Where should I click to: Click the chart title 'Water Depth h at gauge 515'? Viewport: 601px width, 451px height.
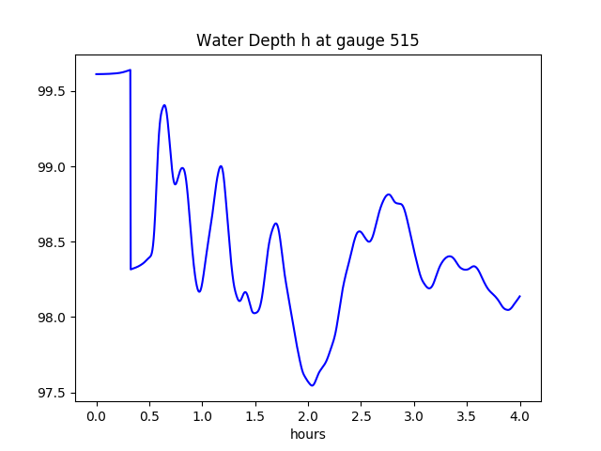pyautogui.click(x=307, y=41)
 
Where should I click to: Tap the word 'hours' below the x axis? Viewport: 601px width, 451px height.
pyautogui.click(x=307, y=435)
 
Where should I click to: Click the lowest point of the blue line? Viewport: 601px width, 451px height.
pyautogui.click(x=312, y=385)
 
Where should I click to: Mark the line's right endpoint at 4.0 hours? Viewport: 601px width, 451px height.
pyautogui.click(x=519, y=296)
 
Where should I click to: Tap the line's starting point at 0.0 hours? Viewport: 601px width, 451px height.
pyautogui.click(x=97, y=74)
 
